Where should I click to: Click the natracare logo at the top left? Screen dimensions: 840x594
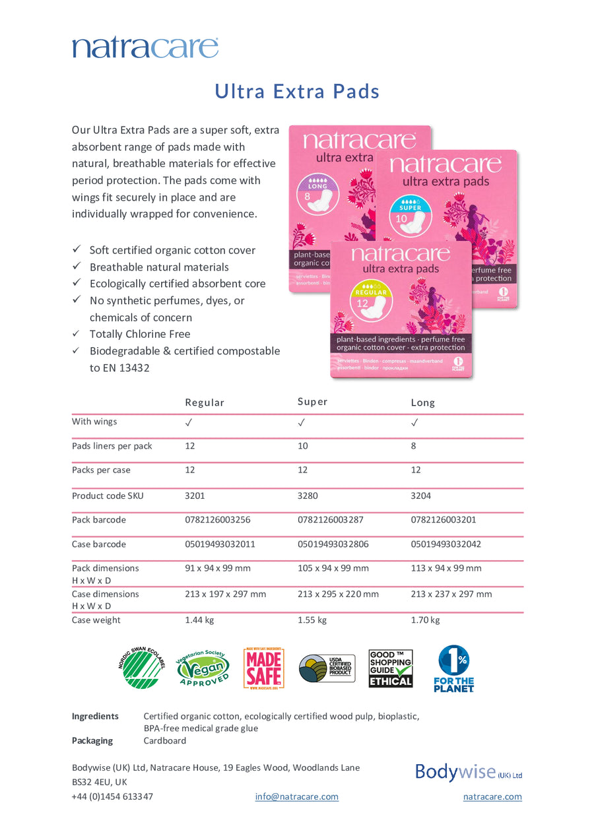tap(145, 48)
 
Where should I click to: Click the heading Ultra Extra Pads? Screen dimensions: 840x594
tap(297, 91)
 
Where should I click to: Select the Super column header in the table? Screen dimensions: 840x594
tap(312, 402)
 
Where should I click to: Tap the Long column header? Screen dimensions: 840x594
tap(422, 403)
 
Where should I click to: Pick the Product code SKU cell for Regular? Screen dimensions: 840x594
tap(195, 496)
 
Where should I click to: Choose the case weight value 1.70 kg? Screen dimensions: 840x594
tap(425, 620)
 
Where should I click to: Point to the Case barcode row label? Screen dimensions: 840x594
tap(98, 544)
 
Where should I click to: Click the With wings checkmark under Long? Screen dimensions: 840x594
tap(414, 422)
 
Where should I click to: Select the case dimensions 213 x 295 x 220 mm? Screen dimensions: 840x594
tap(338, 594)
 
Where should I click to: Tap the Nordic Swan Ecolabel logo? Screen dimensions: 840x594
tap(141, 668)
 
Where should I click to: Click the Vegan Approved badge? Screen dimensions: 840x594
tap(203, 668)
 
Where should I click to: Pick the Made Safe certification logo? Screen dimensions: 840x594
tap(263, 668)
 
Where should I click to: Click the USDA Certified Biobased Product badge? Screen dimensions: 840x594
tap(327, 668)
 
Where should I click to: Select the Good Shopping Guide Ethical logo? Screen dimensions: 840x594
tap(391, 668)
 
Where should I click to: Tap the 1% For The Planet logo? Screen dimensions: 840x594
tap(454, 668)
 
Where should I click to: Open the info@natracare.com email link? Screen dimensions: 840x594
tap(296, 796)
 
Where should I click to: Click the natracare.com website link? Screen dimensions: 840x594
tap(492, 796)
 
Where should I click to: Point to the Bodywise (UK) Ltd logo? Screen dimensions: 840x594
tap(469, 772)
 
